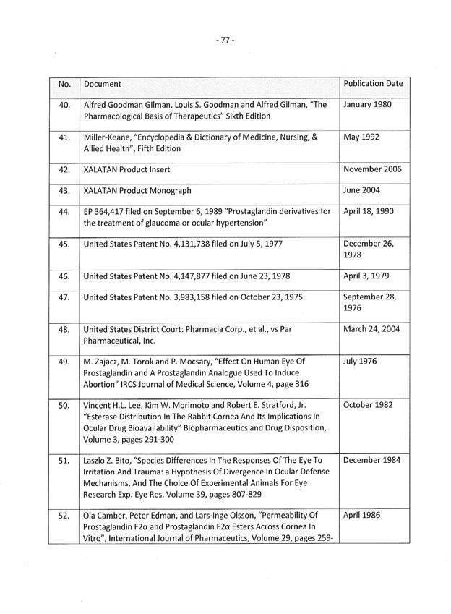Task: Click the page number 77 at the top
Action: coord(225,40)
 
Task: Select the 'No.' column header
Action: coord(64,85)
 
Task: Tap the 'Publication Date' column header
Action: coord(373,84)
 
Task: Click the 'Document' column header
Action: coord(103,85)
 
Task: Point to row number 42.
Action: coord(64,170)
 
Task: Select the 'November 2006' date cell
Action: coord(372,170)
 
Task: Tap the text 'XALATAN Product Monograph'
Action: coord(137,191)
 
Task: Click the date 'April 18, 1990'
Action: coord(369,212)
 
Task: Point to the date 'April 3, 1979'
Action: coord(366,276)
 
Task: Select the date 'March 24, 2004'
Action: coord(371,329)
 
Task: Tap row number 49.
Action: coord(64,362)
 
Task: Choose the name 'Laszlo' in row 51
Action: coord(97,461)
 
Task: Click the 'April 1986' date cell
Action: coord(362,516)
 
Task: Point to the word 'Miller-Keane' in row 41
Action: coord(108,137)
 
